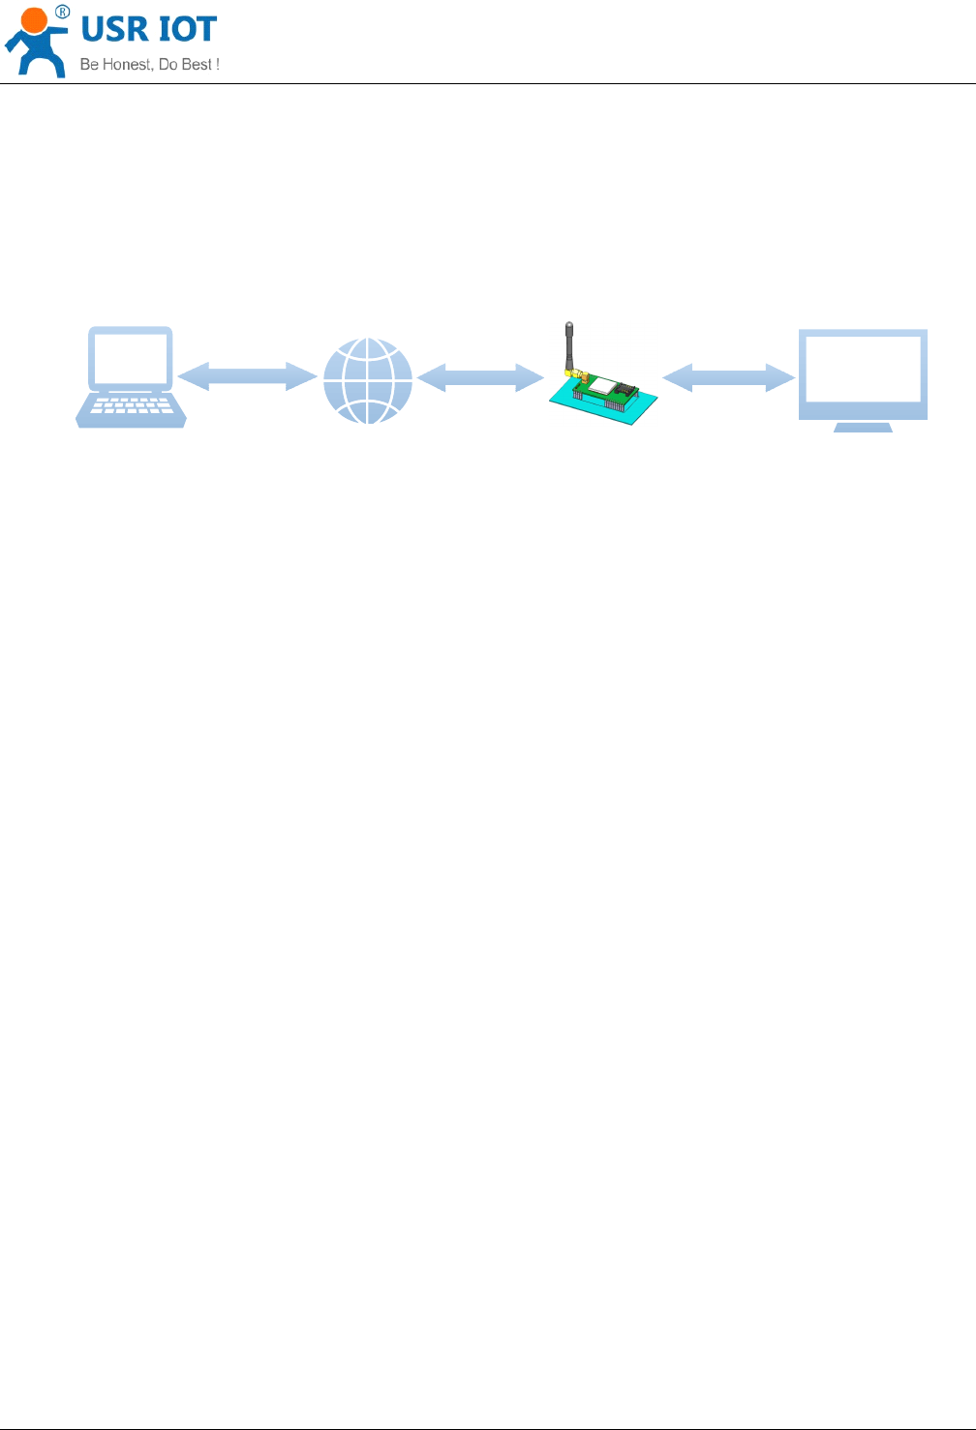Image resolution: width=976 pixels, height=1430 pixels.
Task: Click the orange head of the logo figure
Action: pos(34,21)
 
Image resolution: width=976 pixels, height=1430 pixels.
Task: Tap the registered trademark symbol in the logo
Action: pos(62,12)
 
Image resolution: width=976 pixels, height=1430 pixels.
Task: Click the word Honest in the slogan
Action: pos(127,65)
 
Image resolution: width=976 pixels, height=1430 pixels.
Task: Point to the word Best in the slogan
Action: pos(197,65)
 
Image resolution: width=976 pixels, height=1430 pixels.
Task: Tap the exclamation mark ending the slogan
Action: pos(218,65)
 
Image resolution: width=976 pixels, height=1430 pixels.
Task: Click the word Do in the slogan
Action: pos(168,65)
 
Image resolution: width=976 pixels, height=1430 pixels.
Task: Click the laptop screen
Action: pos(131,358)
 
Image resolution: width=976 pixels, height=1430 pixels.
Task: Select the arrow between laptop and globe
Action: pos(248,376)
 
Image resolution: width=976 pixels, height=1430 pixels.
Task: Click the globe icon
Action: pos(368,380)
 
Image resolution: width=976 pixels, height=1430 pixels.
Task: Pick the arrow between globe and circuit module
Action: pos(480,377)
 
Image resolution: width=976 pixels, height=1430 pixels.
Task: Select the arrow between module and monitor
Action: pos(728,377)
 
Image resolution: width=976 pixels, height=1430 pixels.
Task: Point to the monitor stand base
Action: pos(863,427)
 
